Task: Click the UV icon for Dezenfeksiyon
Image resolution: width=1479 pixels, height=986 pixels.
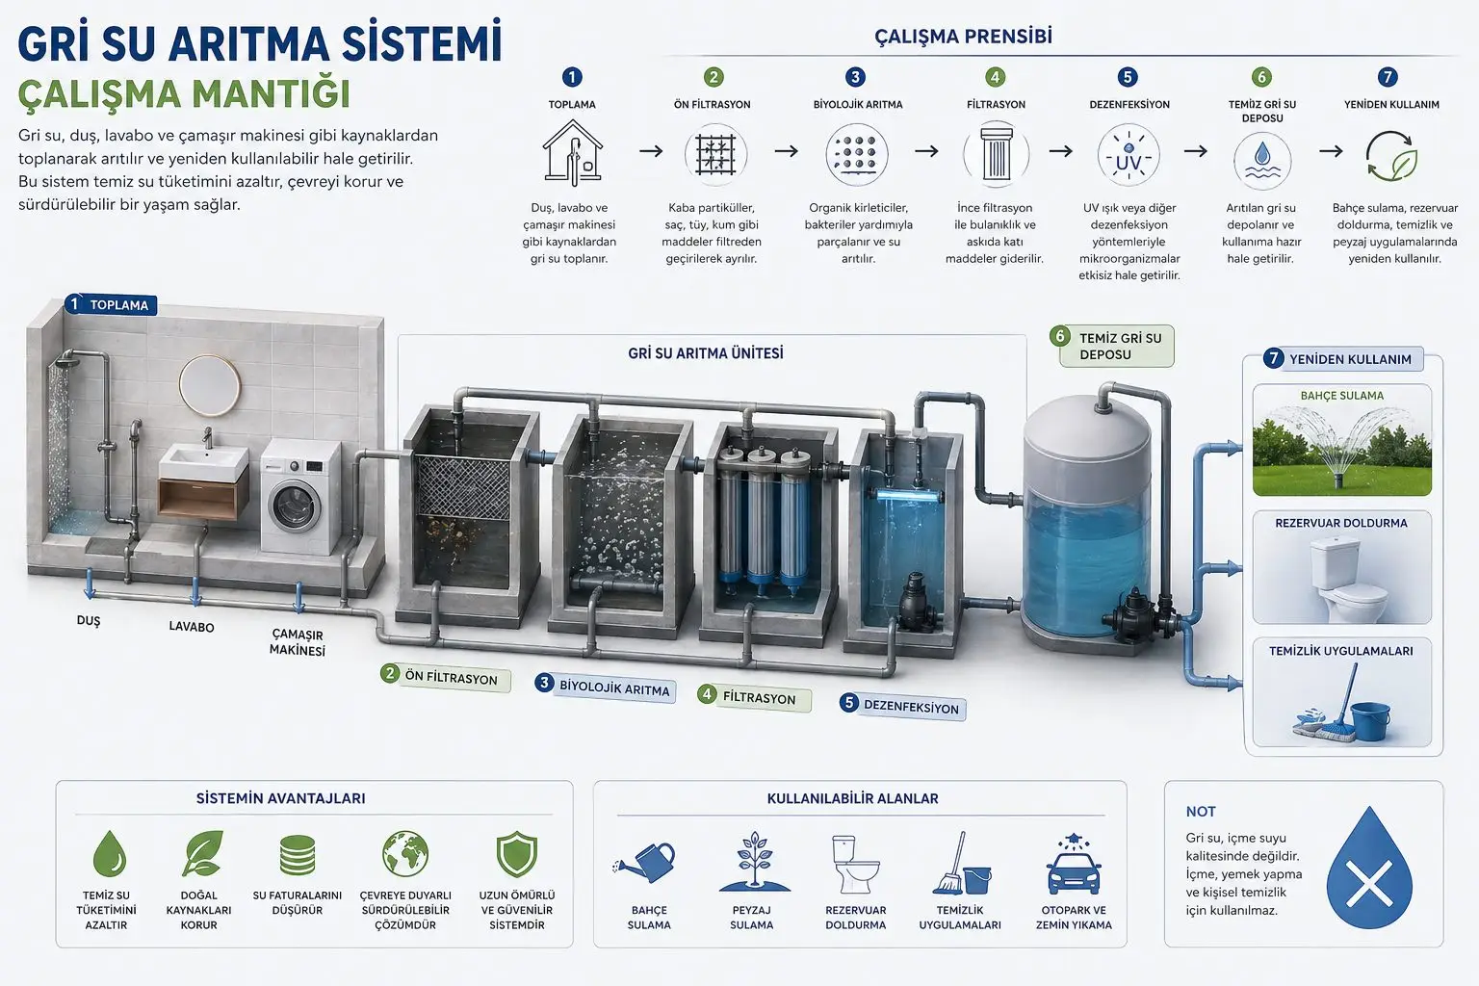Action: click(x=1128, y=156)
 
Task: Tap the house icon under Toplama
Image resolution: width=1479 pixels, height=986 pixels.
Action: click(x=572, y=154)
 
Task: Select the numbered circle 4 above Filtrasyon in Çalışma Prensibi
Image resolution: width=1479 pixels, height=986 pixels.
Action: click(x=996, y=77)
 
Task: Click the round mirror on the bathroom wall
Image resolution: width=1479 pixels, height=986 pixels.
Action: click(x=210, y=385)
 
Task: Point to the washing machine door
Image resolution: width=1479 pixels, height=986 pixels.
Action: click(x=295, y=506)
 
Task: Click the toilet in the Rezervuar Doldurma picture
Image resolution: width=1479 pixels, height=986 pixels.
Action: click(x=1341, y=580)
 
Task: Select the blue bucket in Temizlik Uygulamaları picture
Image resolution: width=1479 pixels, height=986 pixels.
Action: click(x=1370, y=720)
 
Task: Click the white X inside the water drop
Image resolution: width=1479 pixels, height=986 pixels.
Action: click(x=1369, y=882)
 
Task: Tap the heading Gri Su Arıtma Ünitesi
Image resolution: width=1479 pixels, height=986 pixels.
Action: click(x=706, y=353)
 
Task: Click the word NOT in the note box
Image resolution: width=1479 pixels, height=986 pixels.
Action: click(x=1200, y=812)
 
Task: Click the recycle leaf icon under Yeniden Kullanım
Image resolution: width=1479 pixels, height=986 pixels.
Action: click(x=1390, y=157)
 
